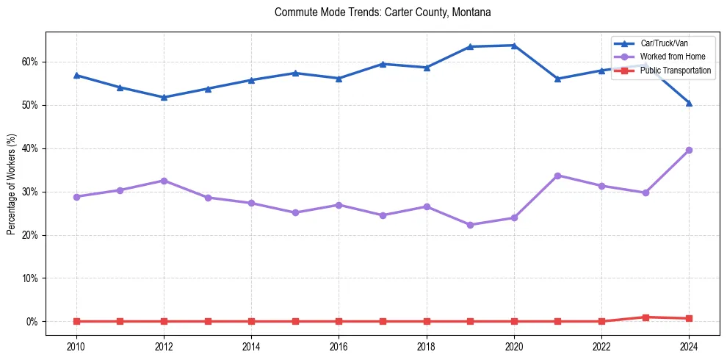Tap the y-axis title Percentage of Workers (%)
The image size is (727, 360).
click(x=11, y=184)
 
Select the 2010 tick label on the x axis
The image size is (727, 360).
click(x=76, y=346)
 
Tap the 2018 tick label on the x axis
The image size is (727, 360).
click(x=426, y=346)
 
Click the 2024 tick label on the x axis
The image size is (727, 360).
click(x=689, y=346)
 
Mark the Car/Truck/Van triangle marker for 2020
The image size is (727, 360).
click(x=514, y=46)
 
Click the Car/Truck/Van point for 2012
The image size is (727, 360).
click(x=164, y=97)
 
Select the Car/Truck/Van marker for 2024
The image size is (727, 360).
click(x=689, y=103)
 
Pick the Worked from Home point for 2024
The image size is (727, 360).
click(x=689, y=150)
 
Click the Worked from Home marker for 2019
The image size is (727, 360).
click(x=470, y=225)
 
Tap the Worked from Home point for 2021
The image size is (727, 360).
click(x=557, y=176)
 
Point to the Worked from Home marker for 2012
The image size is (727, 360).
click(x=164, y=181)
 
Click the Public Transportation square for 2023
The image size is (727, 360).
click(x=645, y=317)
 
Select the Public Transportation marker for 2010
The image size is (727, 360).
click(x=76, y=321)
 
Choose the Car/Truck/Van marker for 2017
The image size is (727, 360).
click(x=383, y=64)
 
